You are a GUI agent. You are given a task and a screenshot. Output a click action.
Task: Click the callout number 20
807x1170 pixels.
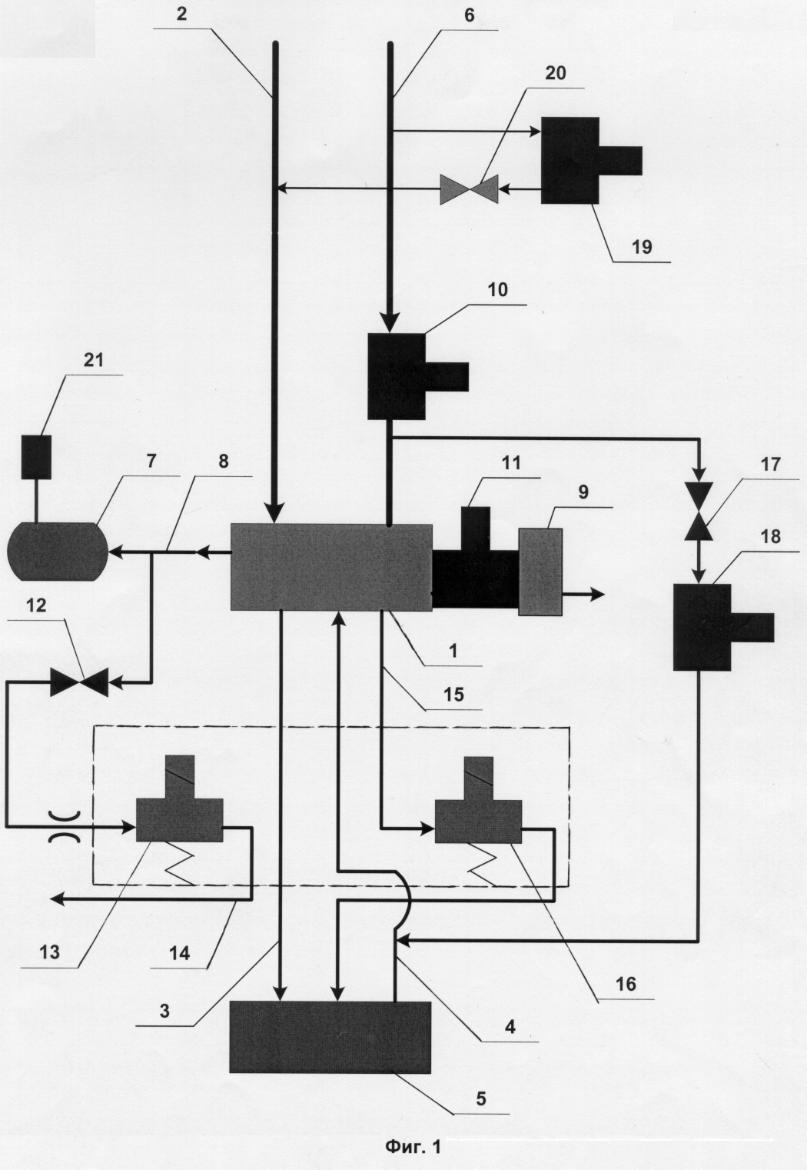[x=556, y=74]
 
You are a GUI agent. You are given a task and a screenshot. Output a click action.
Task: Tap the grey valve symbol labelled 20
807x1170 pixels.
[x=470, y=188]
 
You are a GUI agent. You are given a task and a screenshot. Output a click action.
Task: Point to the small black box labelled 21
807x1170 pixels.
[x=36, y=456]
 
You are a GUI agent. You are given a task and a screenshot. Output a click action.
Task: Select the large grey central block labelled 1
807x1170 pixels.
[x=331, y=567]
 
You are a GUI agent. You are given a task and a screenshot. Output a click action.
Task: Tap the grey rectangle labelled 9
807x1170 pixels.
[x=540, y=572]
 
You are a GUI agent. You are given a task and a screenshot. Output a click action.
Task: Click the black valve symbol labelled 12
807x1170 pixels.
[x=79, y=682]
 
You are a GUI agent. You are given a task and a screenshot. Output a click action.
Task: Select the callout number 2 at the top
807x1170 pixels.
[x=181, y=14]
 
